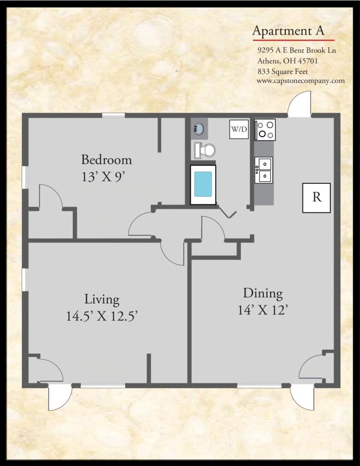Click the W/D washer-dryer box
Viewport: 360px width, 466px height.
(239, 129)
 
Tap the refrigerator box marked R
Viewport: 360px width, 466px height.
(316, 198)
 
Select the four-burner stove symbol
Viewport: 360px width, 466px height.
(265, 130)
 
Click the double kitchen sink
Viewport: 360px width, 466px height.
(264, 170)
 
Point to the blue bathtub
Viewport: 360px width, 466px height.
(203, 185)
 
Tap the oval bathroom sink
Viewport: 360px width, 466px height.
(199, 129)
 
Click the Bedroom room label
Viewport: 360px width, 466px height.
(106, 160)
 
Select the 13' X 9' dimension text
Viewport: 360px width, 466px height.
(102, 177)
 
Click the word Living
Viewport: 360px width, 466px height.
(102, 299)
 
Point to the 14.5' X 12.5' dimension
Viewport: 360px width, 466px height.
(101, 316)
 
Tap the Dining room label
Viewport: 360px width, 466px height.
(263, 294)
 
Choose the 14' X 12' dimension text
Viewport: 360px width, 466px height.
(263, 310)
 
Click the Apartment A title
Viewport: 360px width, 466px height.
(288, 31)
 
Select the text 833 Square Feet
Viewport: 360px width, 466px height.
(283, 71)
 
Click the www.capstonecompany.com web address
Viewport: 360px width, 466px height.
(300, 81)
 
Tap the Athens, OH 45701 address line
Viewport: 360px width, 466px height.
(288, 61)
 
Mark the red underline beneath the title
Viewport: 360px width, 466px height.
(294, 40)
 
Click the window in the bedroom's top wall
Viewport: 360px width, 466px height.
(114, 115)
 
